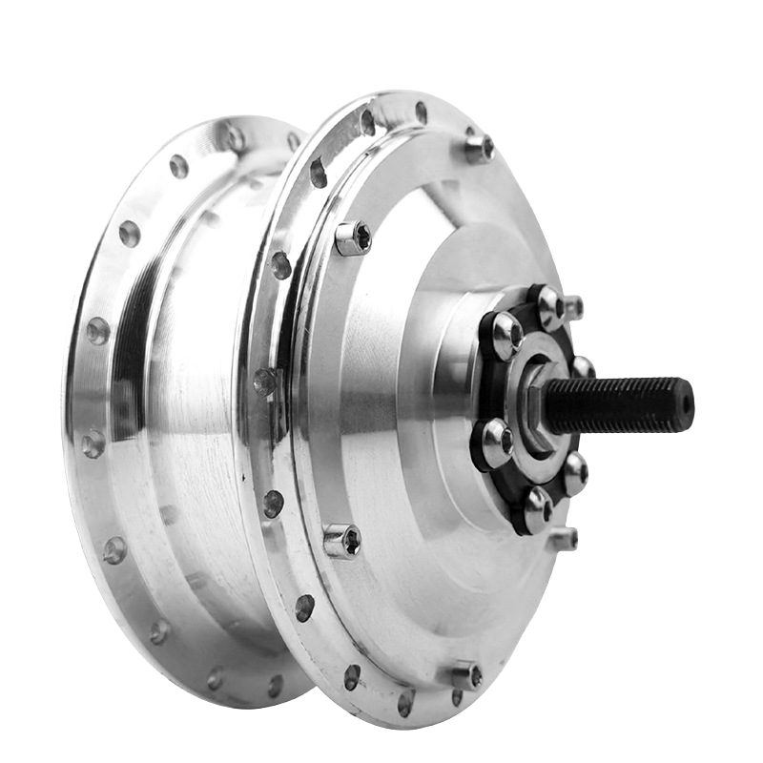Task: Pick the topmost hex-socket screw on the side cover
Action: point(479,148)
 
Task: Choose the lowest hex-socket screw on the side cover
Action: point(466,676)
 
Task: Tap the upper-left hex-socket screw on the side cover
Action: point(353,237)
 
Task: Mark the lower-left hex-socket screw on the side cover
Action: point(341,542)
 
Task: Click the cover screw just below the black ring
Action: point(564,539)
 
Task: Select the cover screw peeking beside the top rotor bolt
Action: point(572,307)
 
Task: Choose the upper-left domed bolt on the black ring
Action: point(504,334)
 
